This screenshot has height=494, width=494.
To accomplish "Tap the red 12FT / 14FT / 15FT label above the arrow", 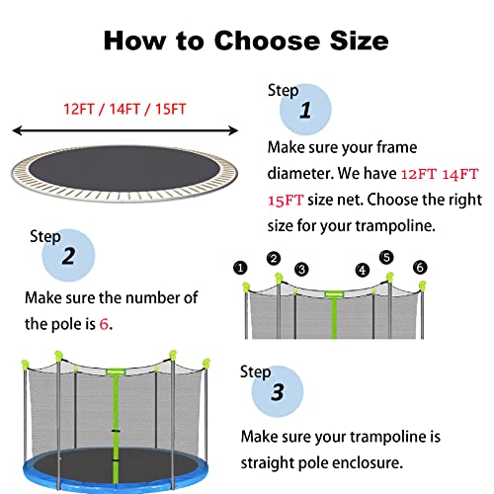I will tap(123, 107).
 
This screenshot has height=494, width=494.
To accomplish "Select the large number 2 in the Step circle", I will tap(69, 257).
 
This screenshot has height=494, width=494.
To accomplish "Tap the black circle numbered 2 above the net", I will tap(274, 259).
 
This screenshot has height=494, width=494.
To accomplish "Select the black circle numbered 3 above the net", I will tap(301, 268).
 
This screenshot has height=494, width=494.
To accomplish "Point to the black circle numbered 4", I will tap(363, 269).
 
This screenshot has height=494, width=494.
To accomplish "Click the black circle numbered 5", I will tap(386, 258).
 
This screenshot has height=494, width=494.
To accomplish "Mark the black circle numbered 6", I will tap(420, 267).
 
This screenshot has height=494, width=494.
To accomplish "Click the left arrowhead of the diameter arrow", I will tap(14, 128).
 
